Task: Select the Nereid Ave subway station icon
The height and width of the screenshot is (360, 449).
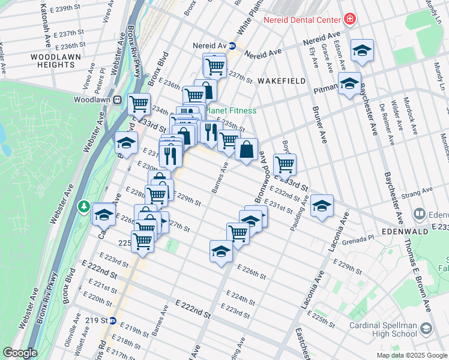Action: click(x=232, y=46)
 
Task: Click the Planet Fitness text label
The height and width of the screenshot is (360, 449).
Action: click(x=231, y=110)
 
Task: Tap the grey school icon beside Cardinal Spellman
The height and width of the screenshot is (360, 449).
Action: click(x=426, y=329)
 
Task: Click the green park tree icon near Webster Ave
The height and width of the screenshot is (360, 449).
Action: click(x=85, y=207)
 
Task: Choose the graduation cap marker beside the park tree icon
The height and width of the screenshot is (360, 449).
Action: click(x=104, y=214)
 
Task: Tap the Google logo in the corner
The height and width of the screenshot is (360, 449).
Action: click(x=20, y=353)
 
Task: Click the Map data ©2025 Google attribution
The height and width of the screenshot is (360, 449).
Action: click(x=411, y=355)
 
